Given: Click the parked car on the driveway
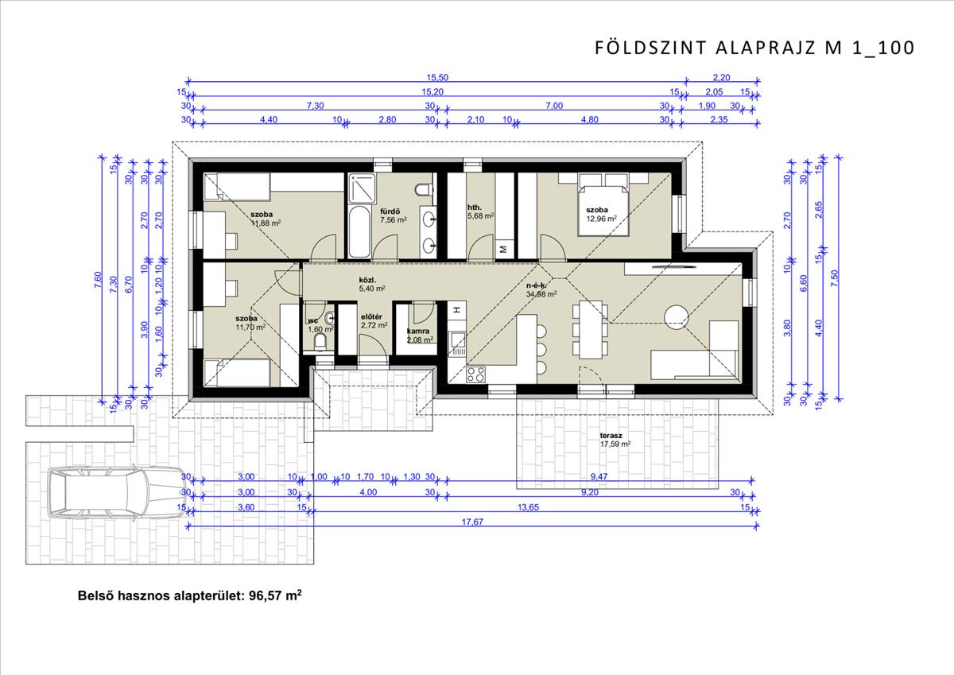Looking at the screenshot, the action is pyautogui.click(x=116, y=492).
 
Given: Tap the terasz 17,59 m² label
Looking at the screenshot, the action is pyautogui.click(x=615, y=440).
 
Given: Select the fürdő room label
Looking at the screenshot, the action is pyautogui.click(x=390, y=211).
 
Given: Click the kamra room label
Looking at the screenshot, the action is pyautogui.click(x=418, y=331).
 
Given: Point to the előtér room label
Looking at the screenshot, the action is pyautogui.click(x=371, y=317).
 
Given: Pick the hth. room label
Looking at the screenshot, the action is pyautogui.click(x=475, y=208).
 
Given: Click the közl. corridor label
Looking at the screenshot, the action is pyautogui.click(x=367, y=280).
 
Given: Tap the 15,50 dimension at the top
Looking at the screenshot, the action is pyautogui.click(x=437, y=77).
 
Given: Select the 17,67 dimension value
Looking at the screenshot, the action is pyautogui.click(x=472, y=522).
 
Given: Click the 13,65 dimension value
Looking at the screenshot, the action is pyautogui.click(x=528, y=507).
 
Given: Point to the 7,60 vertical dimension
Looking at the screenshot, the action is pyautogui.click(x=98, y=280).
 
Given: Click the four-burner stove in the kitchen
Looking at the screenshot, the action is pyautogui.click(x=475, y=374).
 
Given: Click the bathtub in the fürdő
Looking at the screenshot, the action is pyautogui.click(x=359, y=232).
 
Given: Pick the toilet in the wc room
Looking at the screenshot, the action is pyautogui.click(x=320, y=342).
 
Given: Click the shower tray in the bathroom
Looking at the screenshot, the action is pyautogui.click(x=362, y=188).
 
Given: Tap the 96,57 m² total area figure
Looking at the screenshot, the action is pyautogui.click(x=275, y=595).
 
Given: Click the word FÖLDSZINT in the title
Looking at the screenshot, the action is pyautogui.click(x=650, y=48).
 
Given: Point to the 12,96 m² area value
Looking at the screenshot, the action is pyautogui.click(x=601, y=219).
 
